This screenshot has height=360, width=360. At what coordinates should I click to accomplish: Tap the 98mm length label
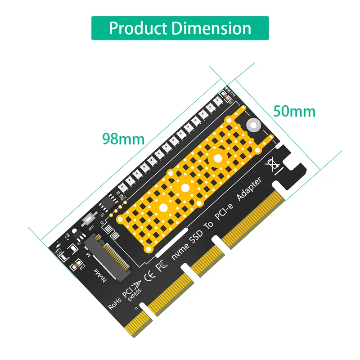click(123, 138)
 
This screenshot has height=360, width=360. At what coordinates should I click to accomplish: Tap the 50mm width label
click(294, 111)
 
